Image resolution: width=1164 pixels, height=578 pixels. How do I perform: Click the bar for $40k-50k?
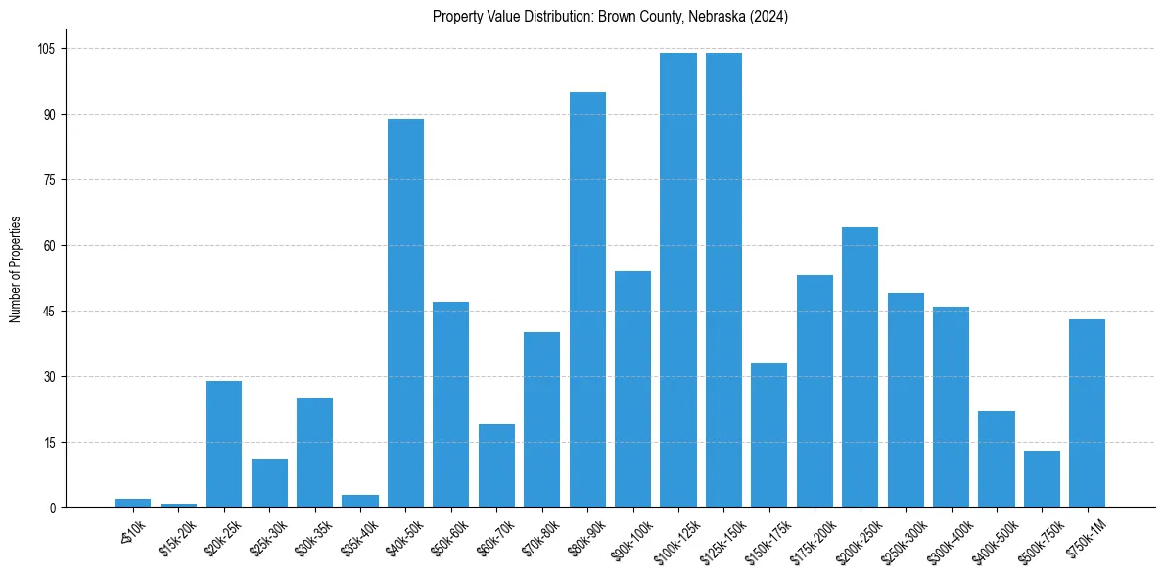pos(405,313)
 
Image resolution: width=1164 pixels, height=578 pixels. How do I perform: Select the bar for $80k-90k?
pos(587,300)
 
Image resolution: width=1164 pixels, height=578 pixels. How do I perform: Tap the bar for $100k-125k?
pos(678,280)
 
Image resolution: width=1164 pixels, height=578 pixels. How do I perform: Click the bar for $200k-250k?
pos(860,367)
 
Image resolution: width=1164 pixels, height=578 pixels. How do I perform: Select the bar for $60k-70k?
pos(496,465)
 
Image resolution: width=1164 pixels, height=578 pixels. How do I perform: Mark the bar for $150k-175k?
pos(768,435)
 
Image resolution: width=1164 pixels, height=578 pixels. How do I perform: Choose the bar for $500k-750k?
pos(1042,479)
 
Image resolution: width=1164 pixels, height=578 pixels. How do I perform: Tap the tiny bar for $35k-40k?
pos(360,502)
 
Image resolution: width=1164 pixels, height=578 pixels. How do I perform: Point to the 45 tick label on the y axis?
pos(51,312)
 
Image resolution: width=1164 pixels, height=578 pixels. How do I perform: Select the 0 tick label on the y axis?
pos(54,507)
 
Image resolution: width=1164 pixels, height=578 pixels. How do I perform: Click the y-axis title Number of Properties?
pos(15,269)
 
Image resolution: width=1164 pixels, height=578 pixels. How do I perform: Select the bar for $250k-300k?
pos(906,400)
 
